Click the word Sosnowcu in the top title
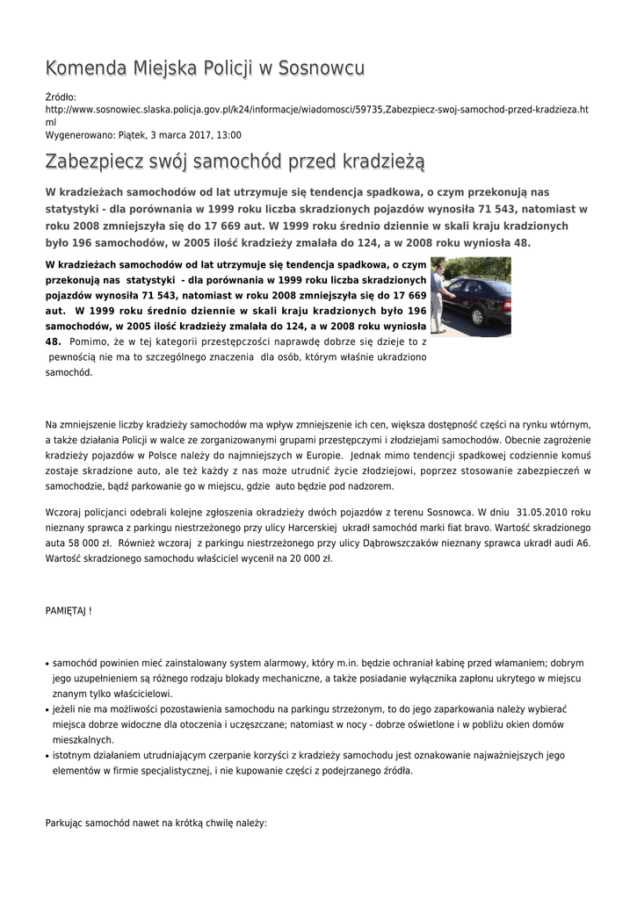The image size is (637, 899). pos(322,68)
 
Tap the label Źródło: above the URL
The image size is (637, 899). pos(61,97)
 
